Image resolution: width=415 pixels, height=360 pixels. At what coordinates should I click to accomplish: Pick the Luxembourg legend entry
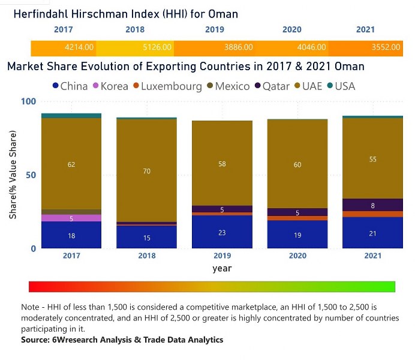[166, 86]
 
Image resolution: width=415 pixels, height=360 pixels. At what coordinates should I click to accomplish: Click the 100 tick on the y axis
[29, 101]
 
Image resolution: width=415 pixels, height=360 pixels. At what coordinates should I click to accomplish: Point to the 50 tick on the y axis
[31, 175]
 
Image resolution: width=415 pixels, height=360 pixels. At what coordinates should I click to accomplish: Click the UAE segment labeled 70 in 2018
[147, 171]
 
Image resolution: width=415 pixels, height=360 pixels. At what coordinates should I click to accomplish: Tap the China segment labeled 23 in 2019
[222, 232]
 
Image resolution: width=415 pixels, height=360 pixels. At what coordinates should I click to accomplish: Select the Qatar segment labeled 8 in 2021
[372, 205]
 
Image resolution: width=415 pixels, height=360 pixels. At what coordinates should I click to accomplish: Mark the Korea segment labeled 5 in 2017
[71, 218]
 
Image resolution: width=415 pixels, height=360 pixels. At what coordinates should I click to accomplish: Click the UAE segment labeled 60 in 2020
[297, 164]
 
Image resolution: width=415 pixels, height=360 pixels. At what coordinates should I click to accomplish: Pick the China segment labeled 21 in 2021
[372, 233]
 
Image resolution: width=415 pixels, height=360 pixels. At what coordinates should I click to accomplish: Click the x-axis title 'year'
[222, 269]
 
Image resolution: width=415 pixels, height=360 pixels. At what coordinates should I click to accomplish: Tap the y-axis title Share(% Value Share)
[13, 174]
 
